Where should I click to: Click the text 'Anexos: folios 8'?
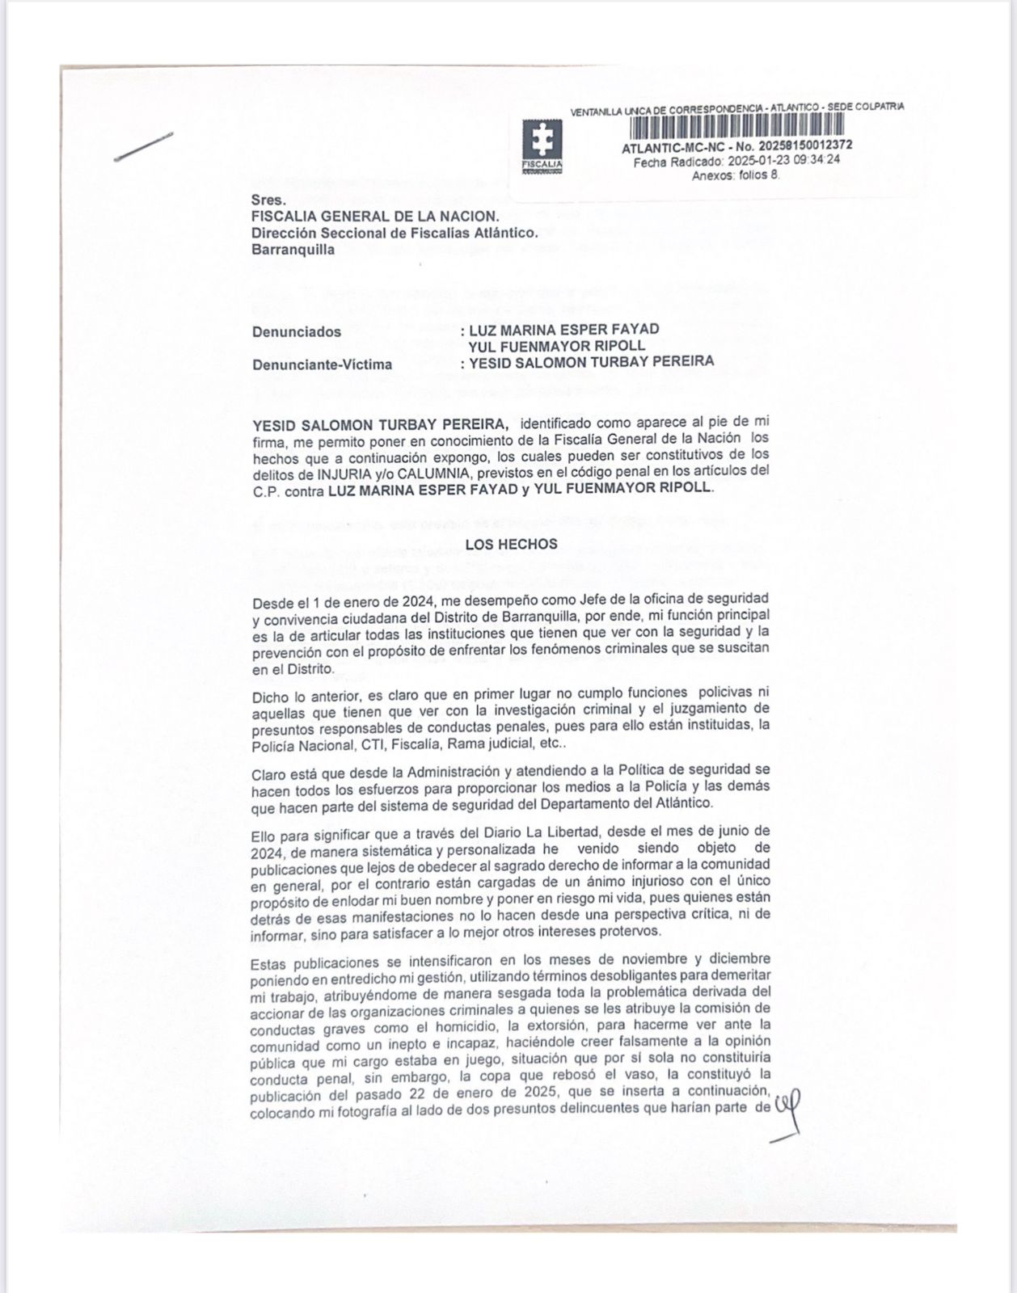[x=736, y=175]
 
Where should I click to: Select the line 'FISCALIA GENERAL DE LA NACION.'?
[x=375, y=217]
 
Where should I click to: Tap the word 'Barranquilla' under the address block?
[x=293, y=250]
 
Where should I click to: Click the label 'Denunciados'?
[x=297, y=331]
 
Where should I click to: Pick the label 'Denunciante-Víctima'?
[x=322, y=364]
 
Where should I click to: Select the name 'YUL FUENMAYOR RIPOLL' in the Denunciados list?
[x=557, y=346]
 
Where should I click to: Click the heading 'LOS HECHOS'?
[x=511, y=544]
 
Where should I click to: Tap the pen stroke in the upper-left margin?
[x=144, y=147]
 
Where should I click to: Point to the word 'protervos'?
[x=633, y=931]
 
